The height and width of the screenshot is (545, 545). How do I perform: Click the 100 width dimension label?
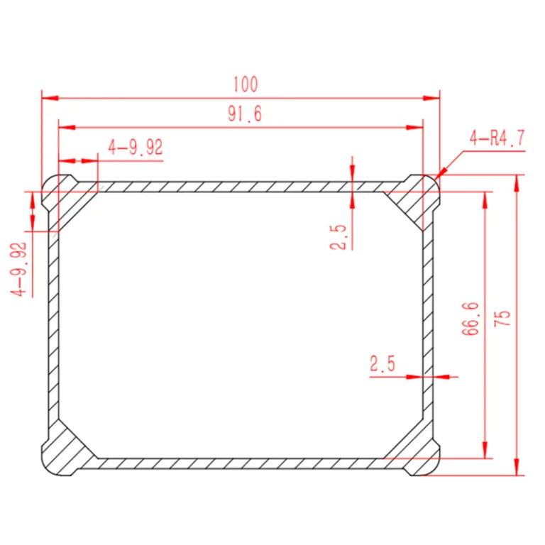246,84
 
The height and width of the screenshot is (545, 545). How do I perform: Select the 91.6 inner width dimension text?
245,114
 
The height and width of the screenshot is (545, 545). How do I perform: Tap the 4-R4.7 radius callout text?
497,138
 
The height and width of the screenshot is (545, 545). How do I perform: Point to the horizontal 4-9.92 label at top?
136,147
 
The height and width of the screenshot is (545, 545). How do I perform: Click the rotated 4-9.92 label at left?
18,269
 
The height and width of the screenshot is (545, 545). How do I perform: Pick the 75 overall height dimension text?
502,318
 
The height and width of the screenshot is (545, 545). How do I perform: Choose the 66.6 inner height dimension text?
470,319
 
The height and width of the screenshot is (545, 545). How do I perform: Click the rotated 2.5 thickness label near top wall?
338,237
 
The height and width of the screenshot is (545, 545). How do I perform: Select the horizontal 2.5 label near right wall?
382,363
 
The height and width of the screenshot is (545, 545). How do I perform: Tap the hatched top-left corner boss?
62,198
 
